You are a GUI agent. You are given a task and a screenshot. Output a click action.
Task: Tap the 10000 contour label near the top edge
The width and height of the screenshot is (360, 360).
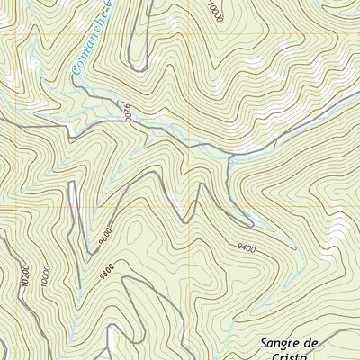213,12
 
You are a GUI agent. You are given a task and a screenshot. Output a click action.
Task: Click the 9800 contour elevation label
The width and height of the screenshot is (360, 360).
109,267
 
